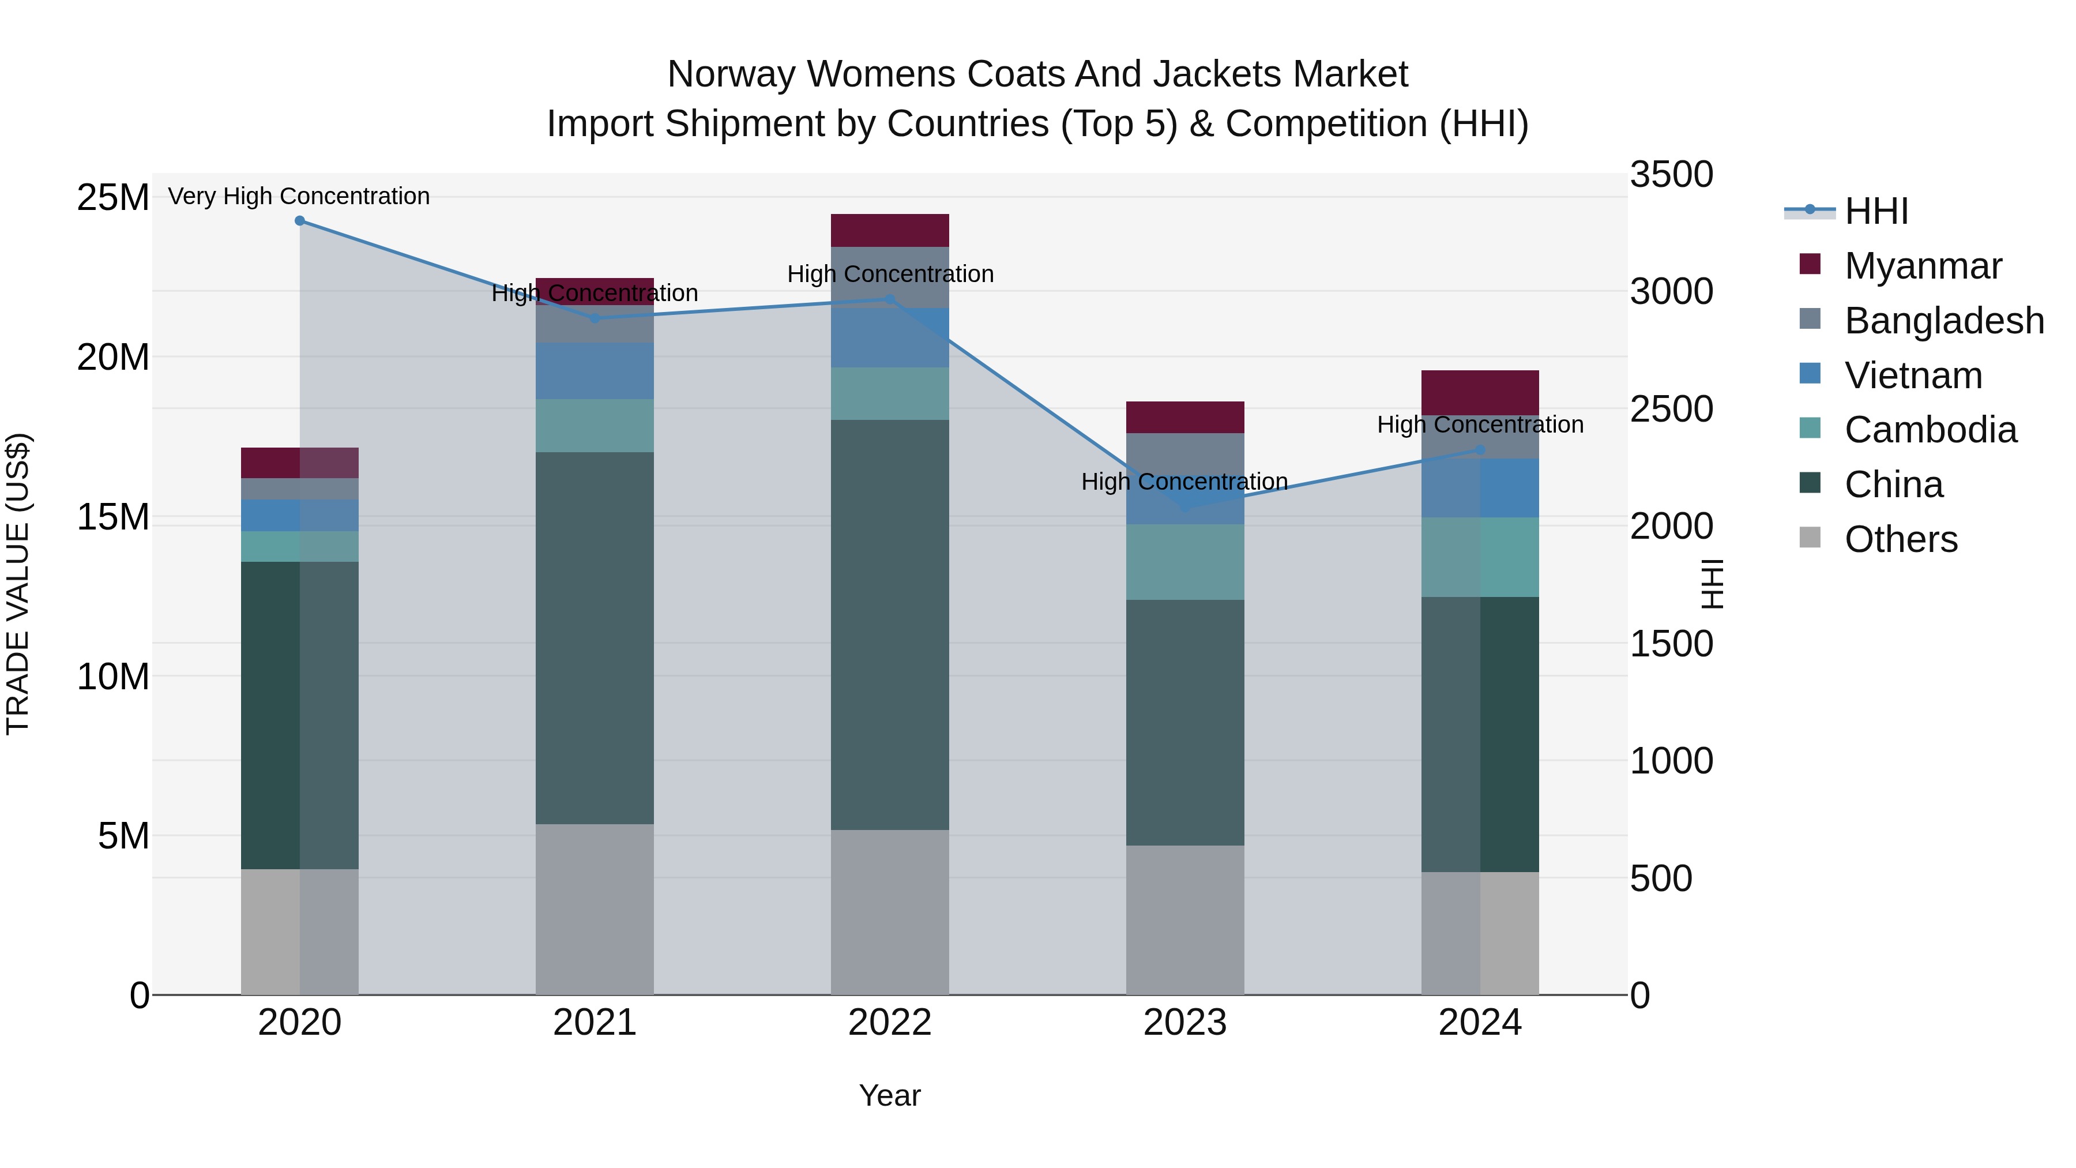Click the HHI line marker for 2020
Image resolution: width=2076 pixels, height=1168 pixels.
coord(300,221)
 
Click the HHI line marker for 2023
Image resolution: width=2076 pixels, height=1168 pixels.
coord(1184,507)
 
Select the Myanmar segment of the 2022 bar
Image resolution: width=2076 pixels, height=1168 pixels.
coord(890,231)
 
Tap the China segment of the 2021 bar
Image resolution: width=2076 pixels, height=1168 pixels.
coord(595,637)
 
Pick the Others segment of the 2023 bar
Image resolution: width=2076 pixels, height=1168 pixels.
coord(1184,920)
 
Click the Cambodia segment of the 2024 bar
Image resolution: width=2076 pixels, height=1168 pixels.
coord(1480,557)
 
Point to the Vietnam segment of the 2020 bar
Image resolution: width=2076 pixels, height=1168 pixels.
coord(300,515)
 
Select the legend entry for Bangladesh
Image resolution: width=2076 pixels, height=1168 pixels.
coord(1943,321)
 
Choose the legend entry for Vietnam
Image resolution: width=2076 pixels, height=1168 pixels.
coord(1912,375)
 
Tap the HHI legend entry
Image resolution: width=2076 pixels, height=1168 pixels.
coord(1875,211)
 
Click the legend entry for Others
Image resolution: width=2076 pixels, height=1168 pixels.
coord(1900,539)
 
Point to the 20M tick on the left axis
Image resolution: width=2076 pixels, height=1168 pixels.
coord(113,357)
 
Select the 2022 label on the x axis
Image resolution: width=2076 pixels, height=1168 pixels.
coord(890,1023)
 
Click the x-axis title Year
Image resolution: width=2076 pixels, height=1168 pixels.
coord(890,1095)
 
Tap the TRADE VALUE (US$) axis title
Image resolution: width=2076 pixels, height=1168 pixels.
coord(18,584)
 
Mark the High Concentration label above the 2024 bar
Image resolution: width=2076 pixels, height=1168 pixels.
coord(1480,424)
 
